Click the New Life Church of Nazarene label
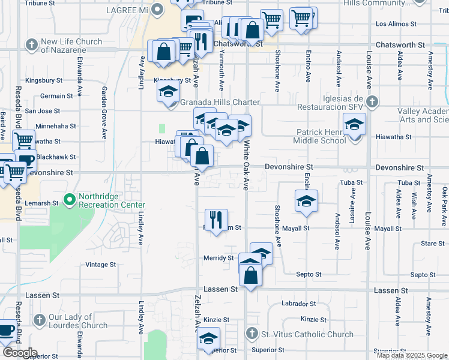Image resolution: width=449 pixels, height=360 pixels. tap(71, 46)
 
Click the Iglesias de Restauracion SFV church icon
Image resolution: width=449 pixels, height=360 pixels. tap(373, 101)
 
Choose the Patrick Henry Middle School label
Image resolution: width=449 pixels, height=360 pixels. tap(319, 136)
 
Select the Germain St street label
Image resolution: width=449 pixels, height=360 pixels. tap(56, 95)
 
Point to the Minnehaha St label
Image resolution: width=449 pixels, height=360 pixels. tap(56, 127)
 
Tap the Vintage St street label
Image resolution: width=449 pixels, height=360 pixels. tap(97, 265)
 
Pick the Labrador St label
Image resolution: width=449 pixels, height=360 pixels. tap(298, 304)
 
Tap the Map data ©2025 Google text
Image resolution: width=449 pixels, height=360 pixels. tap(411, 355)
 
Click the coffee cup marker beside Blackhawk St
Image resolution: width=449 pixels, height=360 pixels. tap(25, 160)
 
